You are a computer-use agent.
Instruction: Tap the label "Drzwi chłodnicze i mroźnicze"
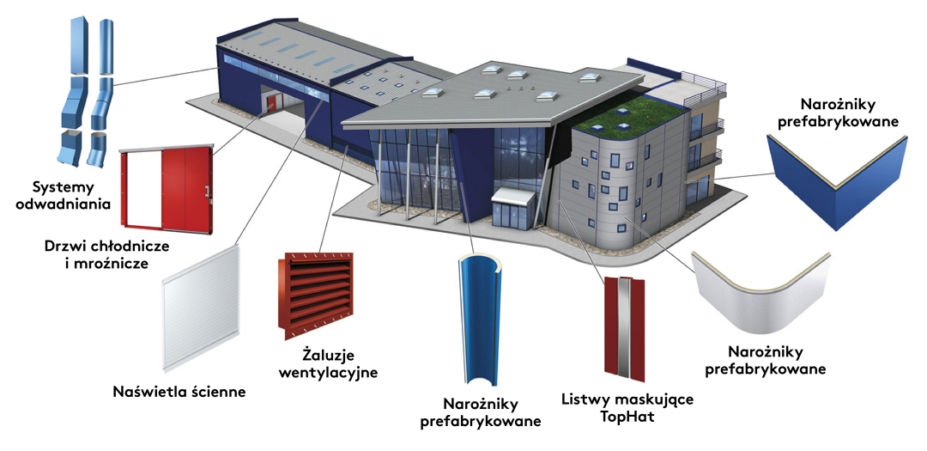[x=107, y=254]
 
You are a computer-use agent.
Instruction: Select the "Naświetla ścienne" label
[x=179, y=392]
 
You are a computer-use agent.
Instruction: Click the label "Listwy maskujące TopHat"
[x=627, y=407]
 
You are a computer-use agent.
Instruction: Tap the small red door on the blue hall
[x=271, y=105]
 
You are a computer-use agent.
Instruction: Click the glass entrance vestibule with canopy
[x=512, y=209]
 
